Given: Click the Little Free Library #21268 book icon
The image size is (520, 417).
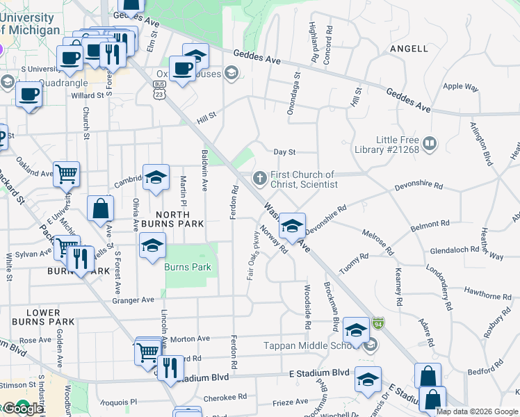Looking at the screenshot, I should pos(430,144).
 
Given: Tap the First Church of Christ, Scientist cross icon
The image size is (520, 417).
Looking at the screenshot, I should pos(260,179).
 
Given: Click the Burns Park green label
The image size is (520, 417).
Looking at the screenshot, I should pos(187,267).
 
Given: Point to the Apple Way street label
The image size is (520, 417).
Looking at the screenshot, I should pos(461,87).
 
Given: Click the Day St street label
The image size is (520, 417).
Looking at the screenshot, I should pos(285,152).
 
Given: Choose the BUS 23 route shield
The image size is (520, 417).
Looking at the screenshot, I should pos(159,87).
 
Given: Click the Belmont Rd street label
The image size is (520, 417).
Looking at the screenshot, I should pos(430,225).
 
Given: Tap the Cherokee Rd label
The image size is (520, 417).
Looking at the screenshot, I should pos(225,398).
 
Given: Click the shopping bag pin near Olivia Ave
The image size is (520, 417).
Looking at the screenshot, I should pos(100,207).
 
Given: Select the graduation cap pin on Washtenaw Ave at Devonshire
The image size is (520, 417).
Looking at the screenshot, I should pos(293,224).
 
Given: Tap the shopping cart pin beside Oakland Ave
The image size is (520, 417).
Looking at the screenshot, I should pos(66,174).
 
